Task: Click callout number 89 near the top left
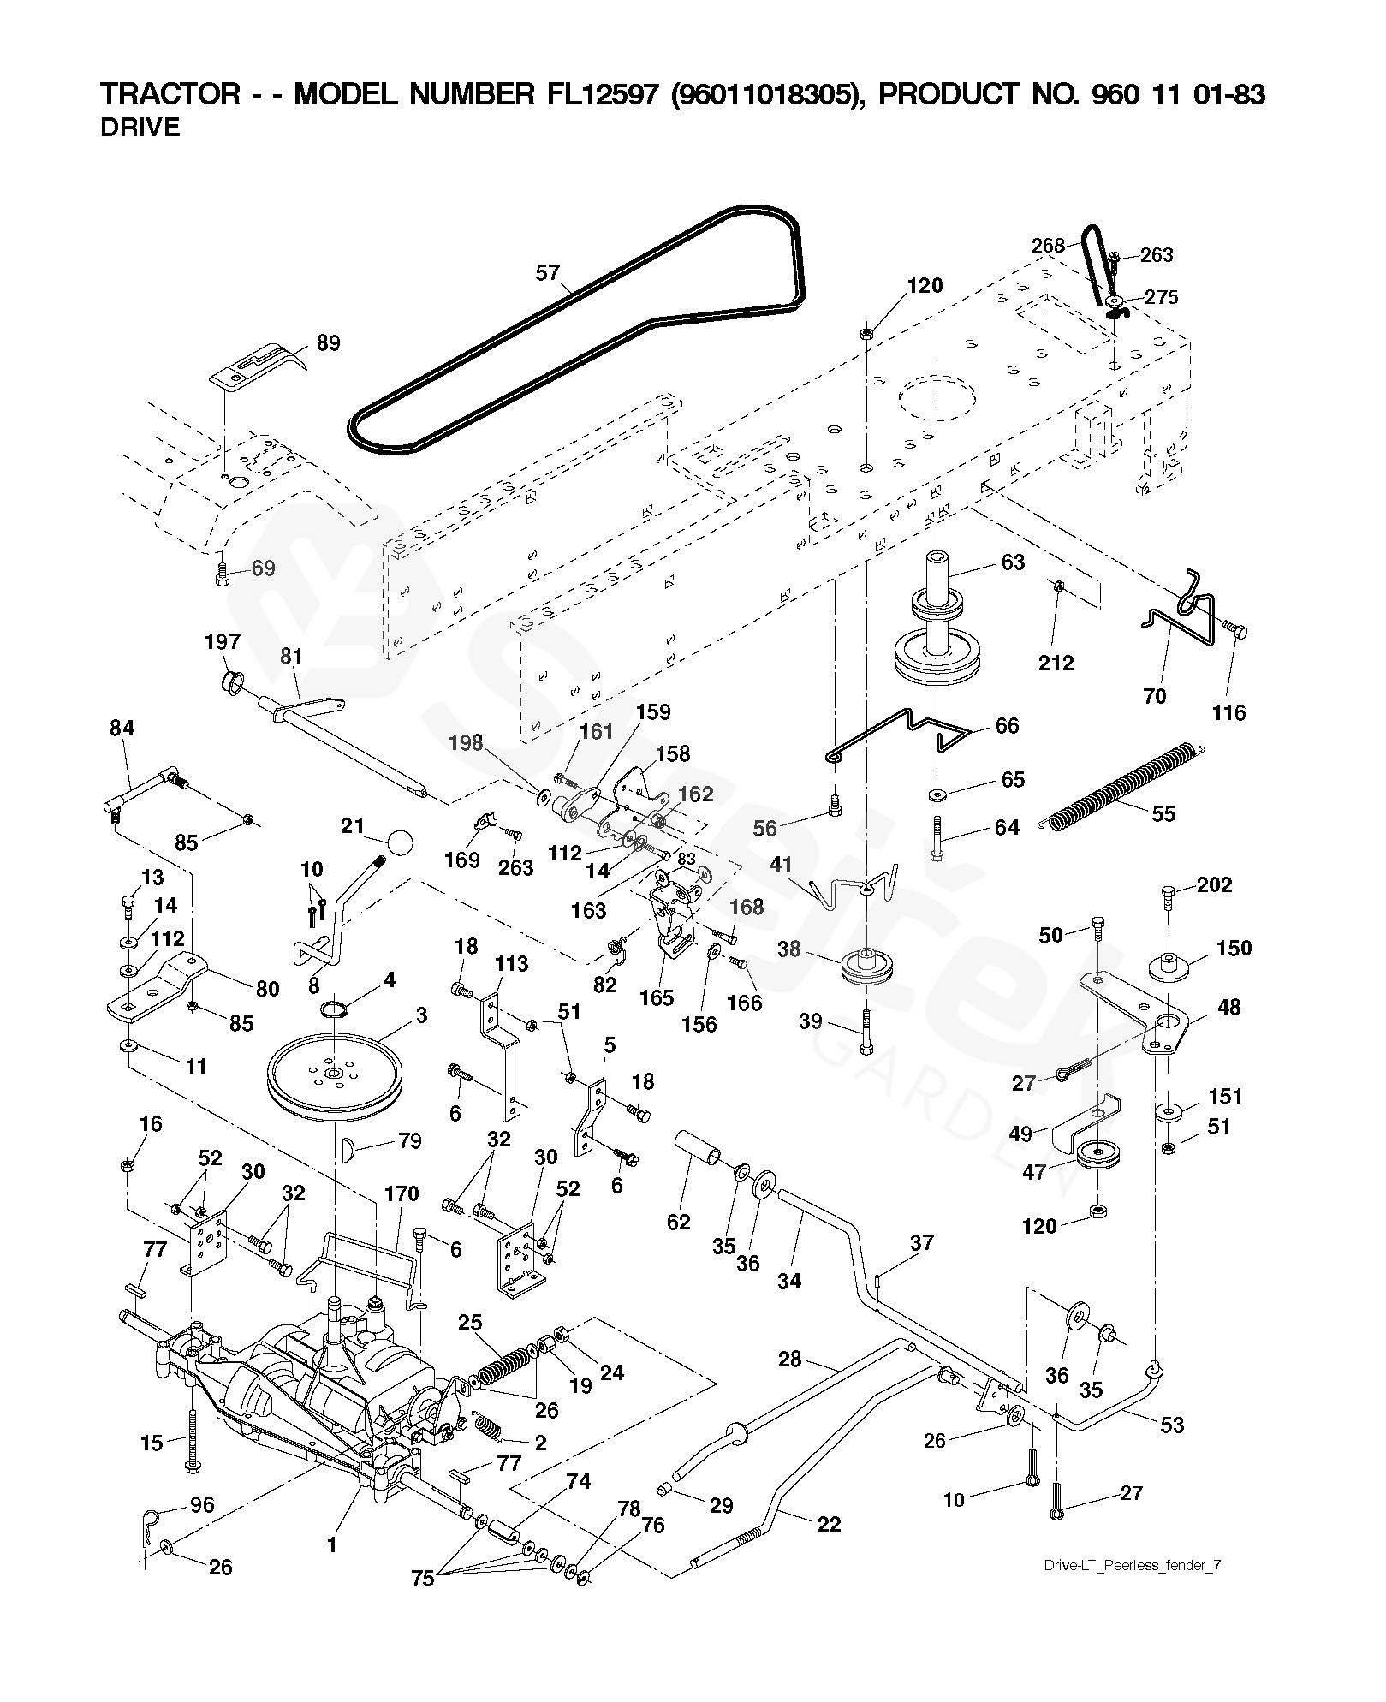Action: click(x=328, y=343)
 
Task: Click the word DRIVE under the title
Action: click(x=140, y=128)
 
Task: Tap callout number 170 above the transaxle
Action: click(x=402, y=1193)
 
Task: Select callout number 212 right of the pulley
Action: click(x=1056, y=663)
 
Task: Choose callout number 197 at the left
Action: click(x=223, y=642)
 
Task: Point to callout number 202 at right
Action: click(x=1215, y=884)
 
